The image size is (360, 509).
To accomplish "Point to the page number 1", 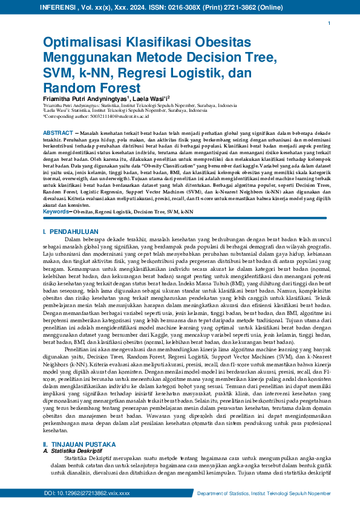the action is coord(329,23).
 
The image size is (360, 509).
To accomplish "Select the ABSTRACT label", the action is coord(59,132).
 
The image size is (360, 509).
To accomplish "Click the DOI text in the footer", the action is coord(87,494).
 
